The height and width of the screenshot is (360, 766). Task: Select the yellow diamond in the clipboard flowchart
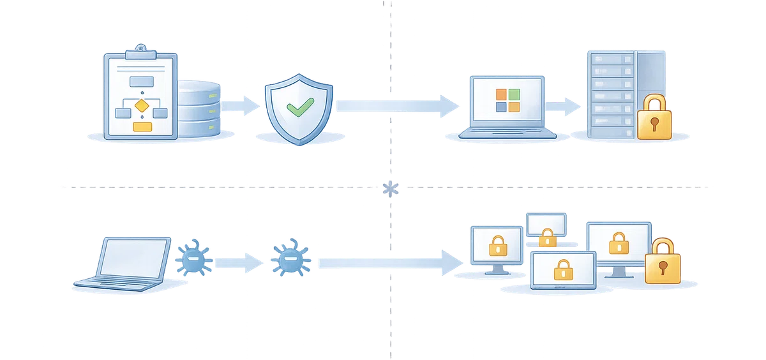[x=142, y=104]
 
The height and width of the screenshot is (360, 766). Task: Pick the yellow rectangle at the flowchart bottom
[x=142, y=126]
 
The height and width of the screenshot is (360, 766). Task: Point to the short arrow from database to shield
[x=241, y=104]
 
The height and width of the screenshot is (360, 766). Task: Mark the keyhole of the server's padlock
[x=654, y=122]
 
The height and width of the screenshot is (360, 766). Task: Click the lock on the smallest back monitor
[x=547, y=238]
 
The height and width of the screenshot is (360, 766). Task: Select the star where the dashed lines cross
[x=389, y=187]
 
